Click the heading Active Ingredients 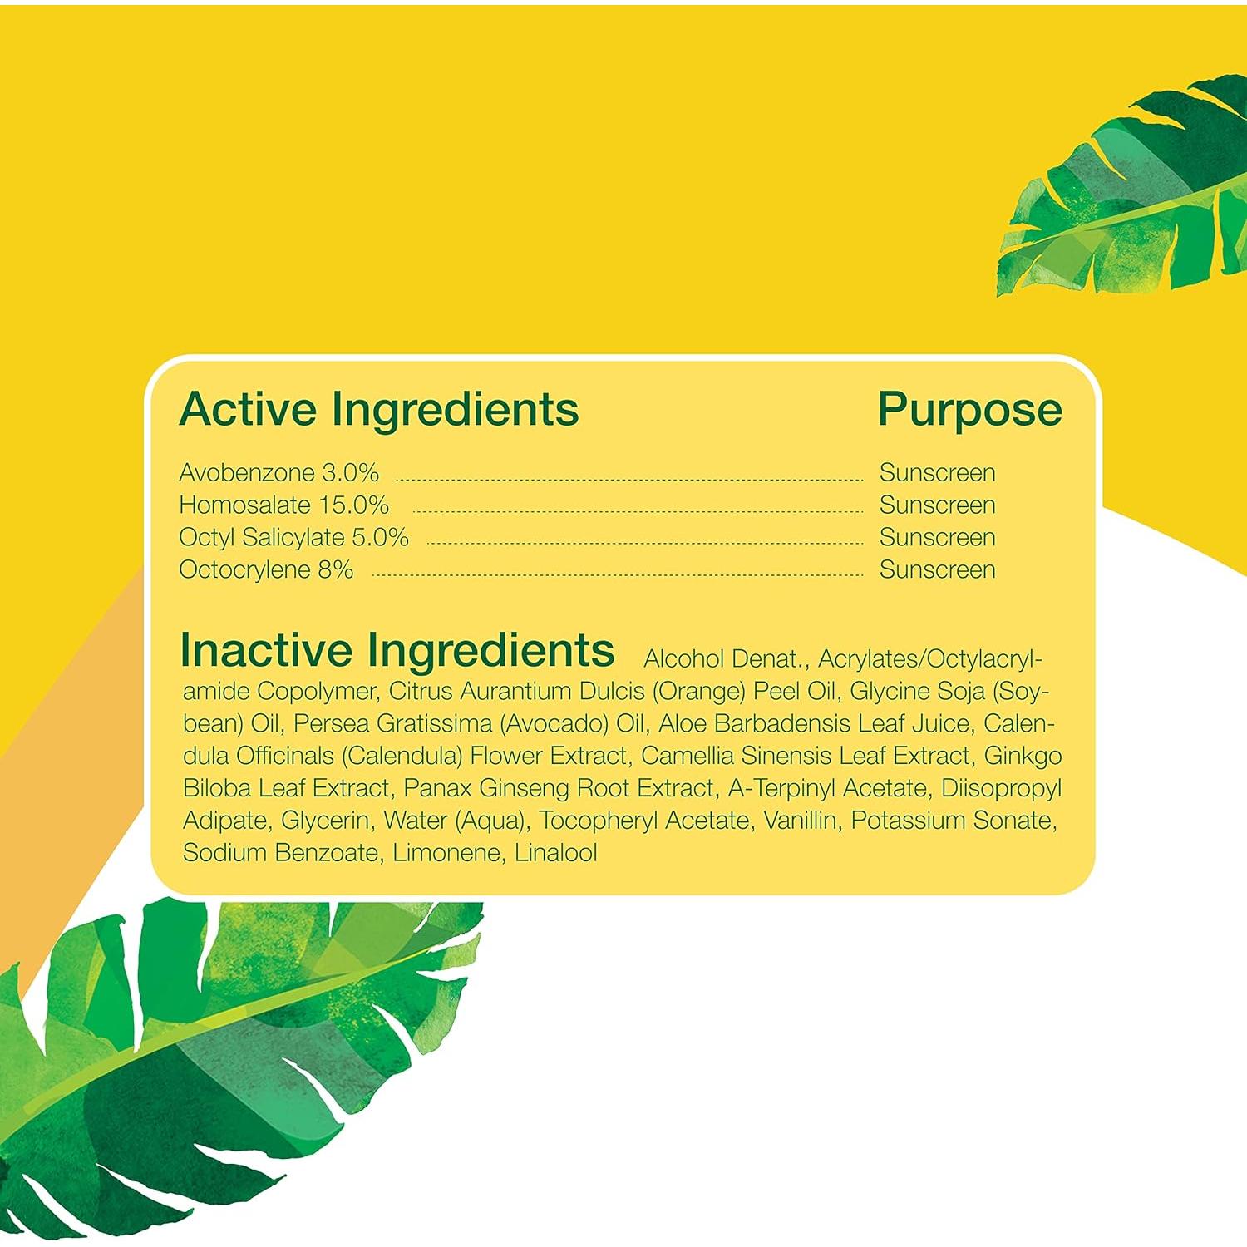(x=379, y=410)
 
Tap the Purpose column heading (x=969, y=410)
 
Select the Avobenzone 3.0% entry (x=278, y=472)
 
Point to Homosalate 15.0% (x=283, y=505)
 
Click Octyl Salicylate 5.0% (x=293, y=537)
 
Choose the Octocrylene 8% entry (x=266, y=569)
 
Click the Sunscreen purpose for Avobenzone (x=937, y=472)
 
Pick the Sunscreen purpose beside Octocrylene (x=937, y=569)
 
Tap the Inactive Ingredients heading (x=397, y=650)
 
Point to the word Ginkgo (x=1023, y=756)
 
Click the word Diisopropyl (x=1001, y=788)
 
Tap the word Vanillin (x=800, y=821)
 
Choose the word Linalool (x=555, y=853)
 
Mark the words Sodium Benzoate (x=282, y=853)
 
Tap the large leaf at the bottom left (x=224, y=1064)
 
